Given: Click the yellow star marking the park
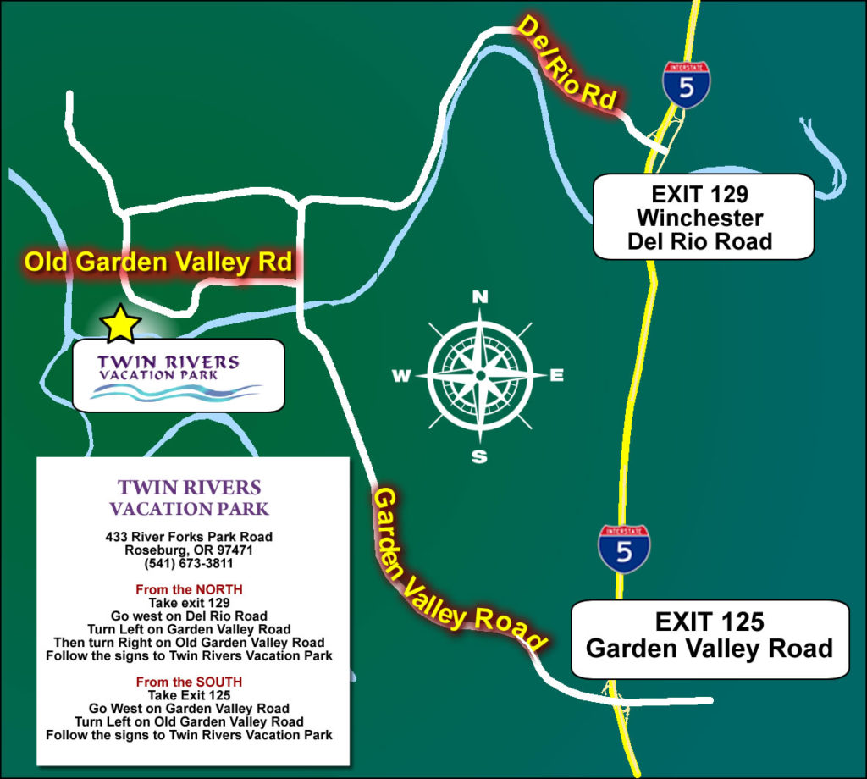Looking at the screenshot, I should click(120, 324).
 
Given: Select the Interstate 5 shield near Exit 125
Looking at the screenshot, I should click(624, 549).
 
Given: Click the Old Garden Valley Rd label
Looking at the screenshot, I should click(158, 262).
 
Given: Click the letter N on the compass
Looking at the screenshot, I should click(480, 297).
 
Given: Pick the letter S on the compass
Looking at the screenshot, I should click(479, 457).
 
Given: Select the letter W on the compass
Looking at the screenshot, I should click(400, 377).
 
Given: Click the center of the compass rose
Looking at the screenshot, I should click(480, 375).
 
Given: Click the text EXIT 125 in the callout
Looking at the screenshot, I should click(709, 622).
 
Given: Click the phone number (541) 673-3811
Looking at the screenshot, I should click(189, 563).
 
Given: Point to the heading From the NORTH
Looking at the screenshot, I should click(189, 588).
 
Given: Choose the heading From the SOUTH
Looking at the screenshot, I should click(189, 681).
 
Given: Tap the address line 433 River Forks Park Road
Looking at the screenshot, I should click(189, 536).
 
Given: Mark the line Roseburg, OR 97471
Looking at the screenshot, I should click(189, 550).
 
